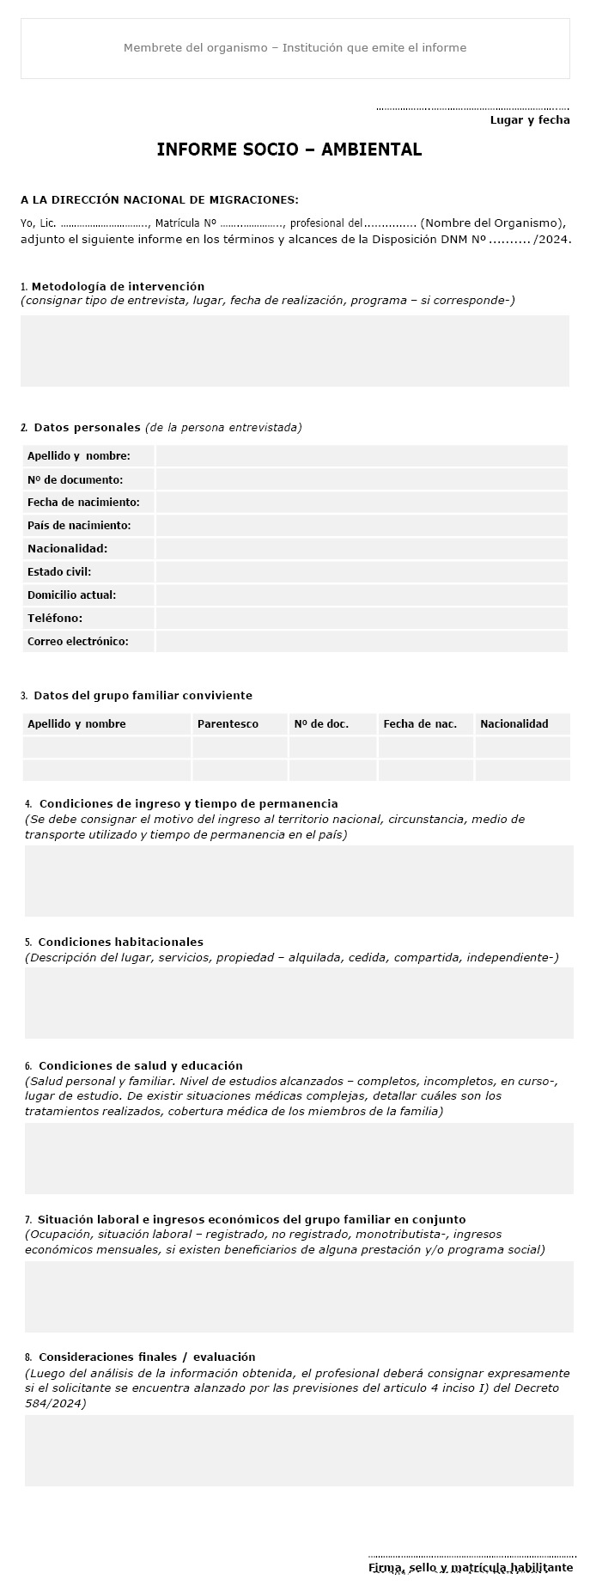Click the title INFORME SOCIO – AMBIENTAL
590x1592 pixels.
289,149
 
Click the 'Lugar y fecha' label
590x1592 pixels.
529,120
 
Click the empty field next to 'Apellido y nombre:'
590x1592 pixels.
361,456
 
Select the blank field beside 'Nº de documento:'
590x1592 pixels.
361,479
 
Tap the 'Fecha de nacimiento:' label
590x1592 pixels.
83,503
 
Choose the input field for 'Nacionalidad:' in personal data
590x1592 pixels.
361,549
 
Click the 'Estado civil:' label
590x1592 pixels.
59,572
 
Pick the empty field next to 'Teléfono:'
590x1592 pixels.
361,619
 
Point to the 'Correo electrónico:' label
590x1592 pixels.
78,642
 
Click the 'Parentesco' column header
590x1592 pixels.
228,724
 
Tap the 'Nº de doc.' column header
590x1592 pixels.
321,724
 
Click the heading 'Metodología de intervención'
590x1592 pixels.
118,286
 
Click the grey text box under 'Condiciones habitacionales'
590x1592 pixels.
299,1003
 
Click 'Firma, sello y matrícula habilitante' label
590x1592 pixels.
471,1568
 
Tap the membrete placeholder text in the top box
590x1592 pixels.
295,48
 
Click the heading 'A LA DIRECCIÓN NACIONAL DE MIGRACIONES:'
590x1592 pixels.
160,200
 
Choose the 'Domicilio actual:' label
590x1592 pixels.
71,595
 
